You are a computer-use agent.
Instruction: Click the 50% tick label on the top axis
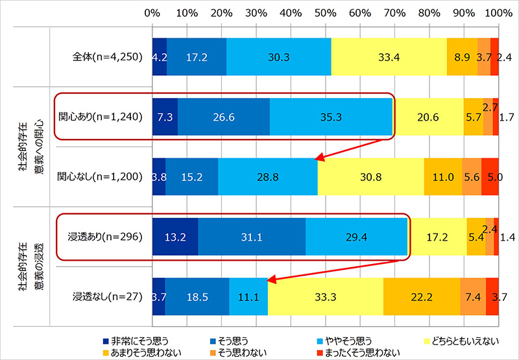click(x=325, y=12)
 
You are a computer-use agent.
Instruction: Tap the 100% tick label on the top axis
click(x=497, y=12)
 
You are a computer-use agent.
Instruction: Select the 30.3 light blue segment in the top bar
click(x=279, y=57)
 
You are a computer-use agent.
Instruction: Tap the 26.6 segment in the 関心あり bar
click(x=223, y=117)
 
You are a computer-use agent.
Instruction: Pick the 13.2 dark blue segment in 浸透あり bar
click(x=175, y=236)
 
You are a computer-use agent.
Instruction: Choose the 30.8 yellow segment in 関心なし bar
click(x=370, y=176)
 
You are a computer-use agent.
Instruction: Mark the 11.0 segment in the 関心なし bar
click(x=442, y=176)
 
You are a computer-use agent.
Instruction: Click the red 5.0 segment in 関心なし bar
click(x=490, y=176)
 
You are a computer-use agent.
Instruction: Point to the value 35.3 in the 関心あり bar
click(x=330, y=117)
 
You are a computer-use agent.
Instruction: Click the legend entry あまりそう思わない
click(x=141, y=350)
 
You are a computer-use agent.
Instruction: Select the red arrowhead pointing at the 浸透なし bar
click(x=271, y=280)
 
